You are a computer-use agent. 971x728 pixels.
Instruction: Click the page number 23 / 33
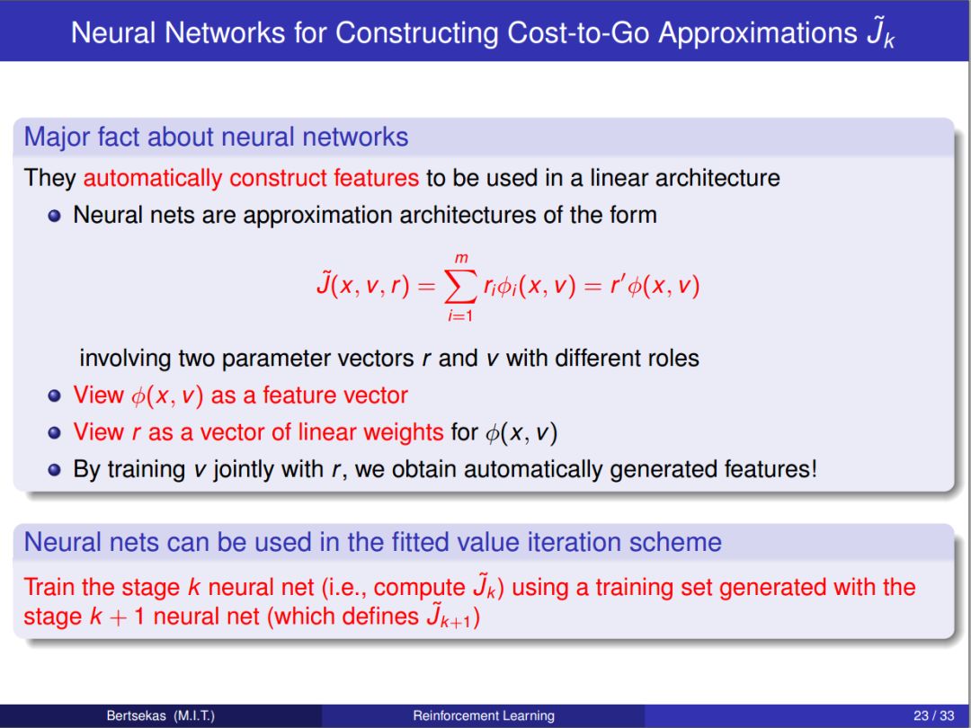click(x=934, y=715)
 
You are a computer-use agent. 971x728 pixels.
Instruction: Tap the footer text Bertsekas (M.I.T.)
click(x=160, y=715)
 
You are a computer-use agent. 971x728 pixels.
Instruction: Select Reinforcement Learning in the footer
click(x=484, y=715)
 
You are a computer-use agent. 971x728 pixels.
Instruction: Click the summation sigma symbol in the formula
click(x=460, y=287)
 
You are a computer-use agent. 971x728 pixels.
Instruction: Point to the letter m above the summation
click(x=461, y=258)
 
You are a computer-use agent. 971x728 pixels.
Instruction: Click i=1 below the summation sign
click(x=460, y=315)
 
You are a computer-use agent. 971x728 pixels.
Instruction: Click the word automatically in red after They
click(x=152, y=178)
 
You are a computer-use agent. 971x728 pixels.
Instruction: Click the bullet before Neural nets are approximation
click(x=55, y=216)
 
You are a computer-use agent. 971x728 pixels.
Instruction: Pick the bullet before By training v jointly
click(x=55, y=470)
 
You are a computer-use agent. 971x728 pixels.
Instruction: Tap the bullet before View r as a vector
click(x=55, y=432)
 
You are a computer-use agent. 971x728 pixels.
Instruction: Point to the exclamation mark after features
click(x=813, y=468)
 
